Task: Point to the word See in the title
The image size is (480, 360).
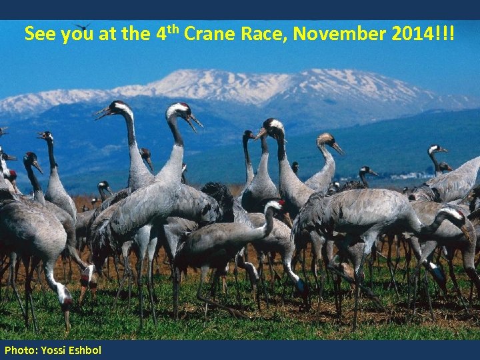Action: point(40,34)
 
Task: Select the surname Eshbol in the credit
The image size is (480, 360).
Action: point(85,350)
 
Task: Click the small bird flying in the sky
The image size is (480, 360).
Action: point(82,26)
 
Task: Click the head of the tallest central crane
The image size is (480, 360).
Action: point(179,109)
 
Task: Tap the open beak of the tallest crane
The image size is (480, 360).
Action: point(195,123)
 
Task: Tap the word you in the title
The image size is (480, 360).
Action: point(77,34)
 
